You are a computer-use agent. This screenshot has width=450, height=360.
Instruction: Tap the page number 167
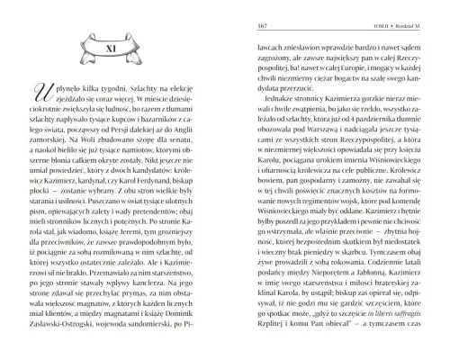tap(239, 25)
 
